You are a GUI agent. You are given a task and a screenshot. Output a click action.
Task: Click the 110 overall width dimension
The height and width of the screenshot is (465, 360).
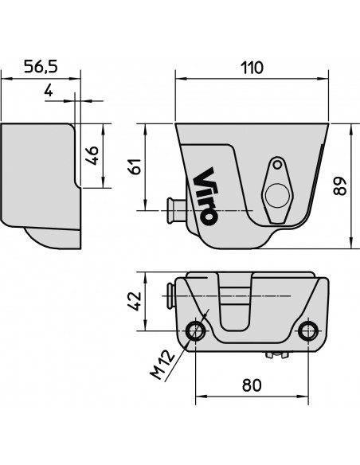click(251, 68)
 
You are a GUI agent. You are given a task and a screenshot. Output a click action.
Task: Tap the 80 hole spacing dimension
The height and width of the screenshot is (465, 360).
click(251, 385)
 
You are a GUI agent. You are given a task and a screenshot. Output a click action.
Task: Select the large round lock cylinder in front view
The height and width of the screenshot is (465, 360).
click(276, 194)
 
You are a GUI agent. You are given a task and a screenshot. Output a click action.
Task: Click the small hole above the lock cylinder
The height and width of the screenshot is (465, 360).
click(277, 166)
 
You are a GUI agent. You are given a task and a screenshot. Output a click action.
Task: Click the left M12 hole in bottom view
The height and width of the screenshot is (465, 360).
click(195, 330)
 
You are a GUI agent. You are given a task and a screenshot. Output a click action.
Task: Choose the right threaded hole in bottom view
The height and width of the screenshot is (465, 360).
click(307, 330)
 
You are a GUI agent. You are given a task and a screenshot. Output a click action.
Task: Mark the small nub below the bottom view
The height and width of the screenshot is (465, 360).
click(277, 354)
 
